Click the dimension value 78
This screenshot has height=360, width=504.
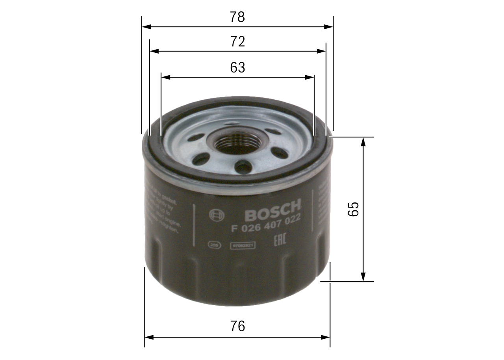point(237,17)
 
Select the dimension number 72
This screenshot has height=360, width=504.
point(237,41)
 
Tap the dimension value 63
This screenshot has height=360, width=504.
point(237,68)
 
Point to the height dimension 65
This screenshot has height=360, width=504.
point(354,209)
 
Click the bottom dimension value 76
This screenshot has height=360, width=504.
point(237,326)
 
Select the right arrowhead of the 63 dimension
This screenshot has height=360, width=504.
point(310,77)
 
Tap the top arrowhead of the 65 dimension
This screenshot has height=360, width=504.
point(363,142)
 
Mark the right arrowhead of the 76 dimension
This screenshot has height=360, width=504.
point(326,337)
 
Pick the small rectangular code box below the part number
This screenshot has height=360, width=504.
point(243,245)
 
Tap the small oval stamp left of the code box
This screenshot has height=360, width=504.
point(214,245)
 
